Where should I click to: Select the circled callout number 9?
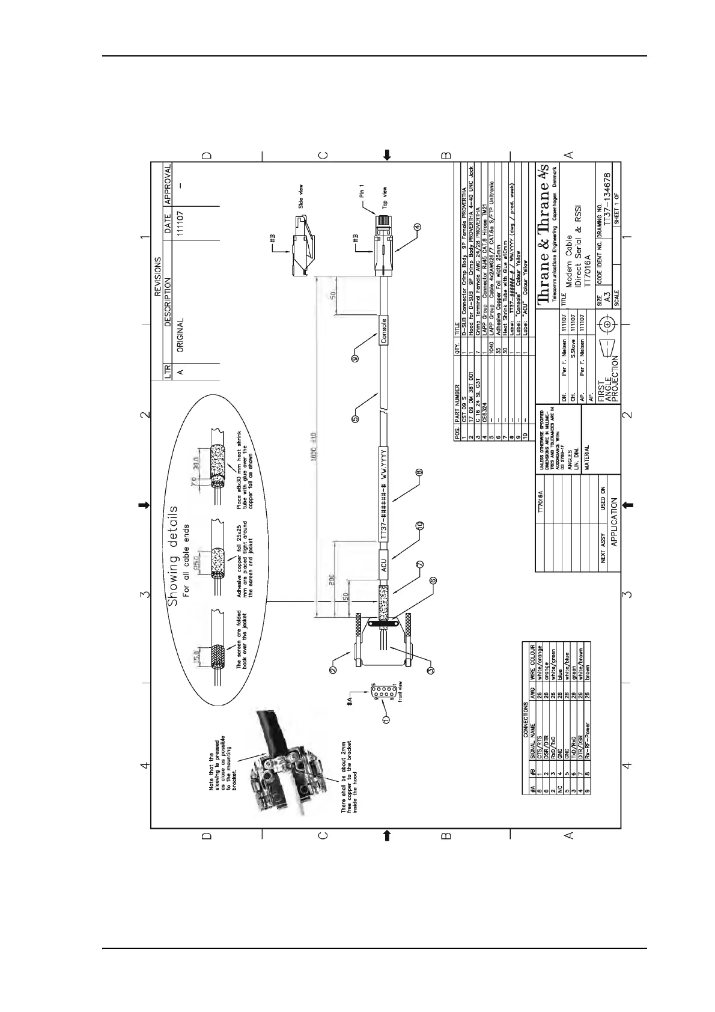tap(355, 358)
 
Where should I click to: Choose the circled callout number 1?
tap(386, 718)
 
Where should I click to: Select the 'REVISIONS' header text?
tap(157, 277)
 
